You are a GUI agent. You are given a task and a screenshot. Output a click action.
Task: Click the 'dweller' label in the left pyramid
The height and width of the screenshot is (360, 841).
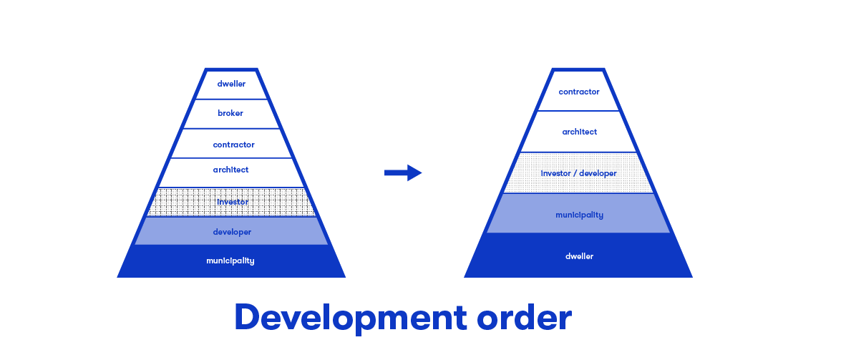click(231, 84)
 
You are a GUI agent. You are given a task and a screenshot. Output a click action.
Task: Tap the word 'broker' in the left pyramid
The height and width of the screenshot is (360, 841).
click(230, 113)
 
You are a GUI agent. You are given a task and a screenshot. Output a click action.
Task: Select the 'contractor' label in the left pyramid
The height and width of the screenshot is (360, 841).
click(233, 145)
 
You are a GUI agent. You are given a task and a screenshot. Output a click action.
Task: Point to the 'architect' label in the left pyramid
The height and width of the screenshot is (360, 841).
click(230, 170)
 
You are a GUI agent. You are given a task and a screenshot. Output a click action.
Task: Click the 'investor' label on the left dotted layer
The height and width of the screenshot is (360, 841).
click(232, 202)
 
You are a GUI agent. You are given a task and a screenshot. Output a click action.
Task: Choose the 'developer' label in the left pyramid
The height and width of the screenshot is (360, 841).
click(232, 232)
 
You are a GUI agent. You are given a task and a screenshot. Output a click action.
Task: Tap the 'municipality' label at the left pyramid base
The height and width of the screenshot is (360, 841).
click(230, 261)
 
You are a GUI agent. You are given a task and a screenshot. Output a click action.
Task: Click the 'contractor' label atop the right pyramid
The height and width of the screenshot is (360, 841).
click(579, 92)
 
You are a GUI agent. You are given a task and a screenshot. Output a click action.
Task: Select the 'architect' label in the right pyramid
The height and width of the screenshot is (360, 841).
click(579, 132)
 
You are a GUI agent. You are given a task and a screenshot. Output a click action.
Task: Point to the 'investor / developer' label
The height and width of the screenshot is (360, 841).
click(578, 173)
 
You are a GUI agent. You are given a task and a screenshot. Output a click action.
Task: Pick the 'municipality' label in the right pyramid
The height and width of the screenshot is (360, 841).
click(579, 215)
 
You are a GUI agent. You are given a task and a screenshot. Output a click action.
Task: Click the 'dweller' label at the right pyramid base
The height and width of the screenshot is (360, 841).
click(579, 256)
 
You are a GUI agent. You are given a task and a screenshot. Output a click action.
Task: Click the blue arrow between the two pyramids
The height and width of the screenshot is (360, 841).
click(403, 172)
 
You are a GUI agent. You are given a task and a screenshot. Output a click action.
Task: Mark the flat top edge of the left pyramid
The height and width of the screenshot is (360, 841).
click(231, 69)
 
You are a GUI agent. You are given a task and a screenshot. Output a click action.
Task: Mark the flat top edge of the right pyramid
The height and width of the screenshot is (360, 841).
click(578, 70)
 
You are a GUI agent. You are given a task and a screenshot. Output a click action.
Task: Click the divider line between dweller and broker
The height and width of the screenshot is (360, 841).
click(231, 99)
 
